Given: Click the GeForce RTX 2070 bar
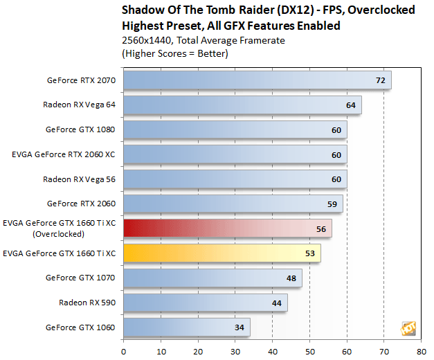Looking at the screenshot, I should pyautogui.click(x=257, y=80).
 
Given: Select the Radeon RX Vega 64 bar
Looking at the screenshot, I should pyautogui.click(x=242, y=105).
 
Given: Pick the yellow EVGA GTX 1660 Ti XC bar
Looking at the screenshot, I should pyautogui.click(x=221, y=253).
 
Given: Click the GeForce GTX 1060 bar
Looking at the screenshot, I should pyautogui.click(x=186, y=327).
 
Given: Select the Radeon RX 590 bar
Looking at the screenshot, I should pyautogui.click(x=205, y=303).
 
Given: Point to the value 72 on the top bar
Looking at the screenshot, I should pyautogui.click(x=380, y=80).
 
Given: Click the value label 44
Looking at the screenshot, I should pyautogui.click(x=276, y=303).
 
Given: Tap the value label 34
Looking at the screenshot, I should pyautogui.click(x=239, y=327).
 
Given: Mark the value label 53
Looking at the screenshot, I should pyautogui.click(x=309, y=253).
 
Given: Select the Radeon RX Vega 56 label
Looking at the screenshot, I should pyautogui.click(x=80, y=179).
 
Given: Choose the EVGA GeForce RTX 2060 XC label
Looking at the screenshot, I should pyautogui.click(x=63, y=154).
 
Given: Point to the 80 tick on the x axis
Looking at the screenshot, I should pyautogui.click(x=421, y=350).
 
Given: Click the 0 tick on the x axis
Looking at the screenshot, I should pyautogui.click(x=123, y=350).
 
